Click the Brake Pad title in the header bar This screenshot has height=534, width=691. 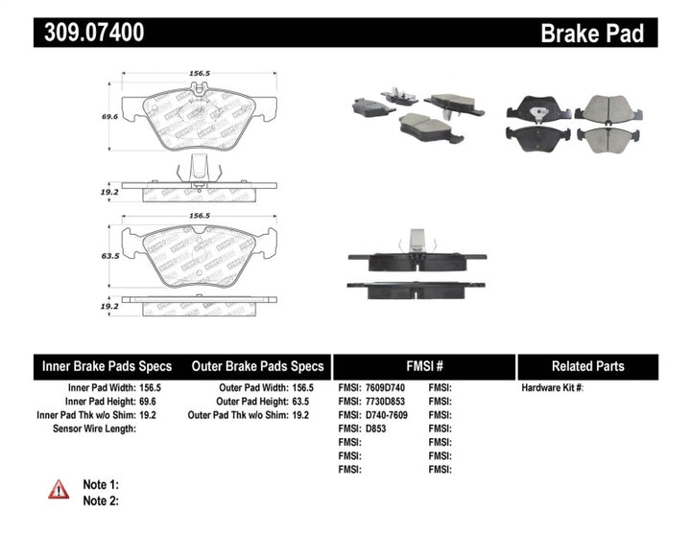click(x=592, y=34)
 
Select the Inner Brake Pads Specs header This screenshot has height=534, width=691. click(x=107, y=366)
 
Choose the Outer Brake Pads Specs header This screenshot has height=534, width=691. click(x=258, y=366)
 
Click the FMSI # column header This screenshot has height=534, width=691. click(x=423, y=366)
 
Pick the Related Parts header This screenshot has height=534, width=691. click(x=588, y=366)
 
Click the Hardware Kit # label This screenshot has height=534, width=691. click(x=552, y=388)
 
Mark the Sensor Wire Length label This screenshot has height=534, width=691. click(x=94, y=429)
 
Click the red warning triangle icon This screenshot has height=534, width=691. click(x=60, y=489)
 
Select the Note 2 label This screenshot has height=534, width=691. click(x=101, y=500)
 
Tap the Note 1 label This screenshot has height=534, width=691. click(x=101, y=485)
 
